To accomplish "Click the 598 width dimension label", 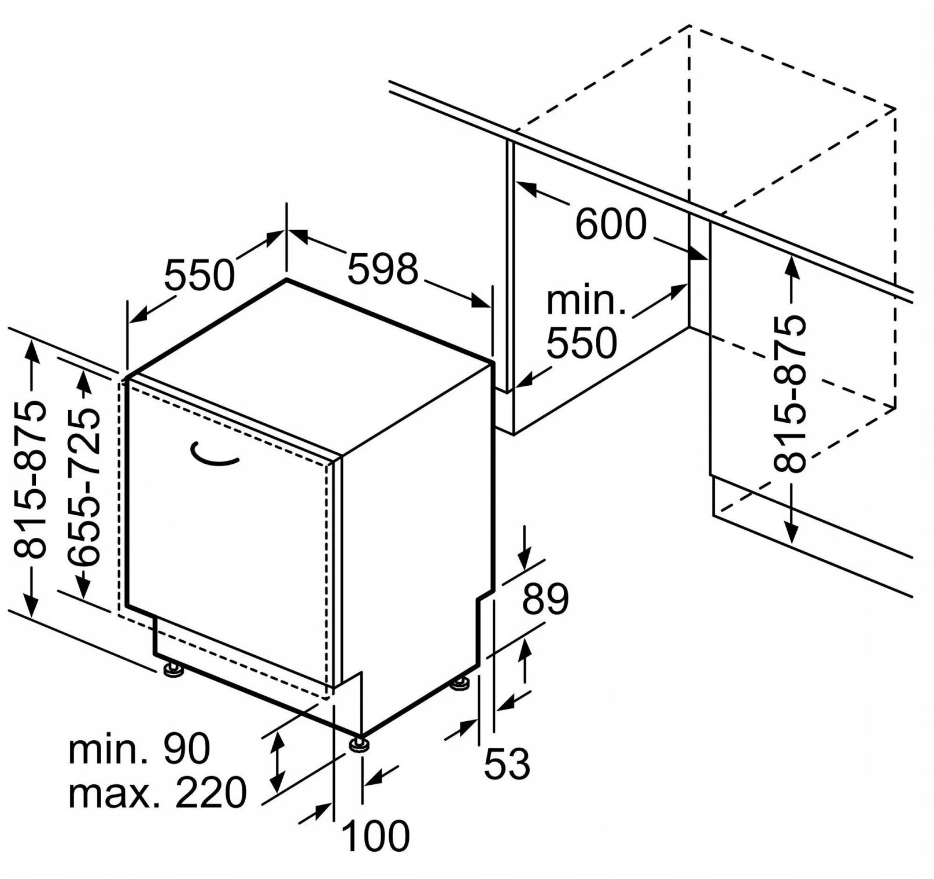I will coord(382,268).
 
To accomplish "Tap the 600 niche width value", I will coord(611,224).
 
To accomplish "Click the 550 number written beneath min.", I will coord(582,342).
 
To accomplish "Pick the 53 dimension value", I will coord(507,763).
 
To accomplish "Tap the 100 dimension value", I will coord(376,834).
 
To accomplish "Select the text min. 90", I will coord(139,750).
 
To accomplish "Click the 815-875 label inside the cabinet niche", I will coord(791,393).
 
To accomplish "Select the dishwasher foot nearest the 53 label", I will coord(461,685).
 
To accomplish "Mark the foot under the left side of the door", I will coord(173,670).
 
